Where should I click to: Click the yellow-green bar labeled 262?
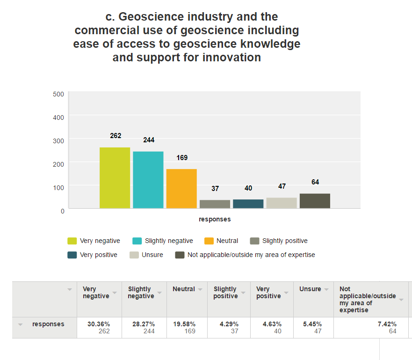click(x=115, y=178)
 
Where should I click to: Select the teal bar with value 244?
click(x=148, y=180)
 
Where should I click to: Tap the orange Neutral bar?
click(x=181, y=189)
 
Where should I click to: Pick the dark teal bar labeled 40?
click(x=248, y=204)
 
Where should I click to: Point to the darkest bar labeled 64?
click(x=315, y=201)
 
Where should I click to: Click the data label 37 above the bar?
click(x=215, y=189)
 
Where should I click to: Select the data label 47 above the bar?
click(x=282, y=186)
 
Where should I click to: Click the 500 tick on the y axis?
click(x=58, y=94)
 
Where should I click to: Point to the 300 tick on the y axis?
click(x=58, y=140)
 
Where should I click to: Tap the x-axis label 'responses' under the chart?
click(x=215, y=219)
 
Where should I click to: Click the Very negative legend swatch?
click(x=72, y=241)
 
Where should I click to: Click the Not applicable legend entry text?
click(x=251, y=255)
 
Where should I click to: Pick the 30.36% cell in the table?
click(x=98, y=324)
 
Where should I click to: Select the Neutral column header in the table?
click(x=184, y=289)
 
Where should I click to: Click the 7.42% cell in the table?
click(x=387, y=324)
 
